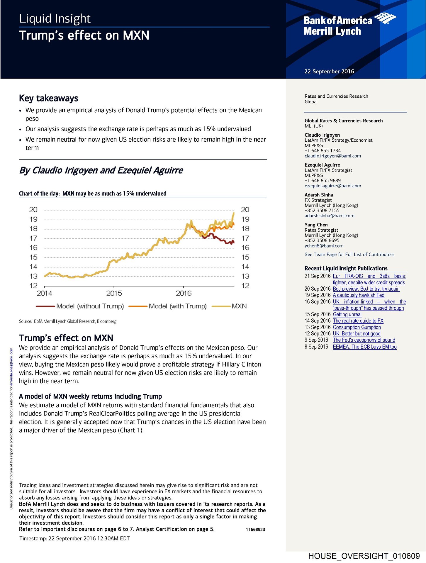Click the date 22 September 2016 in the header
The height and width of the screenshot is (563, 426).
tap(329, 72)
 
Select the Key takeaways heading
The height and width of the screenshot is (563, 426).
tap(49, 98)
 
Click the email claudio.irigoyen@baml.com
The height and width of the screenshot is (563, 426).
tap(332, 156)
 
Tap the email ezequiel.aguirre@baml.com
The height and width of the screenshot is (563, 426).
tap(332, 186)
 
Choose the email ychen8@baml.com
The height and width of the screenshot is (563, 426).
tap(324, 246)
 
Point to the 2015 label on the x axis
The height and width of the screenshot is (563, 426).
tap(114, 293)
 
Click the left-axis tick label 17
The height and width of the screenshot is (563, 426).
tap(33, 238)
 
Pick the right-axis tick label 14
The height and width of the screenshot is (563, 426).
tap(245, 267)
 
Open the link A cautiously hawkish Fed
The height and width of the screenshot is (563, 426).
tap(358, 295)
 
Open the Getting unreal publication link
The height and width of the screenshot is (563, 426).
tap(347, 314)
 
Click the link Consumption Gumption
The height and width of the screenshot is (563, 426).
tap(357, 327)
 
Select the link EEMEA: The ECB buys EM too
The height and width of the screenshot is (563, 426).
tap(364, 347)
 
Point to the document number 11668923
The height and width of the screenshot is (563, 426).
tap(255, 530)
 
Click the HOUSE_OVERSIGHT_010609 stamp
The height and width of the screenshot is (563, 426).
tap(364, 556)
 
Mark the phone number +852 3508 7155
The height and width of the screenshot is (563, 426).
tap(322, 211)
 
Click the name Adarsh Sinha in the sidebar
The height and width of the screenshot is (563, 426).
tap(319, 195)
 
